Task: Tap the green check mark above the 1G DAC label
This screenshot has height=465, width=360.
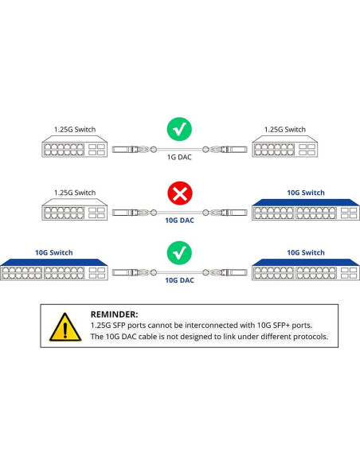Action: tap(179, 129)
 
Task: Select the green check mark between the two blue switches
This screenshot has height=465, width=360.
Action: tap(179, 253)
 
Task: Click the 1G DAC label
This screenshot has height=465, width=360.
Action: tap(179, 158)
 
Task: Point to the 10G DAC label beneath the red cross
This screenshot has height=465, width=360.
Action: tap(179, 221)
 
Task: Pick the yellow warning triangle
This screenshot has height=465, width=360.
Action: tap(63, 327)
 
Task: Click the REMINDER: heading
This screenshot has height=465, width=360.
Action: tap(114, 315)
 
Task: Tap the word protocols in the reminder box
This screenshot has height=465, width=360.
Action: tap(307, 337)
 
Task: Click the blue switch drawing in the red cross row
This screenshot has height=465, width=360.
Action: tap(294, 211)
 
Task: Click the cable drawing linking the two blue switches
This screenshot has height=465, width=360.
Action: tap(179, 272)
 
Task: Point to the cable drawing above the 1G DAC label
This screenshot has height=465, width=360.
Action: tap(179, 149)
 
